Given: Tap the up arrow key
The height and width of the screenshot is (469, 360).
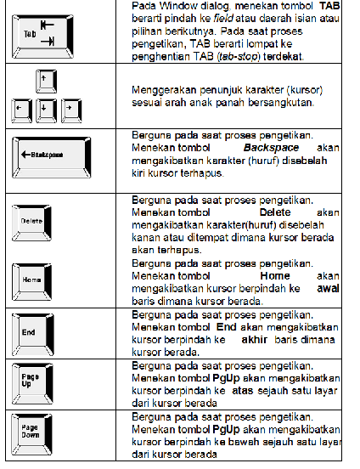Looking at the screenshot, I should [39, 82].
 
